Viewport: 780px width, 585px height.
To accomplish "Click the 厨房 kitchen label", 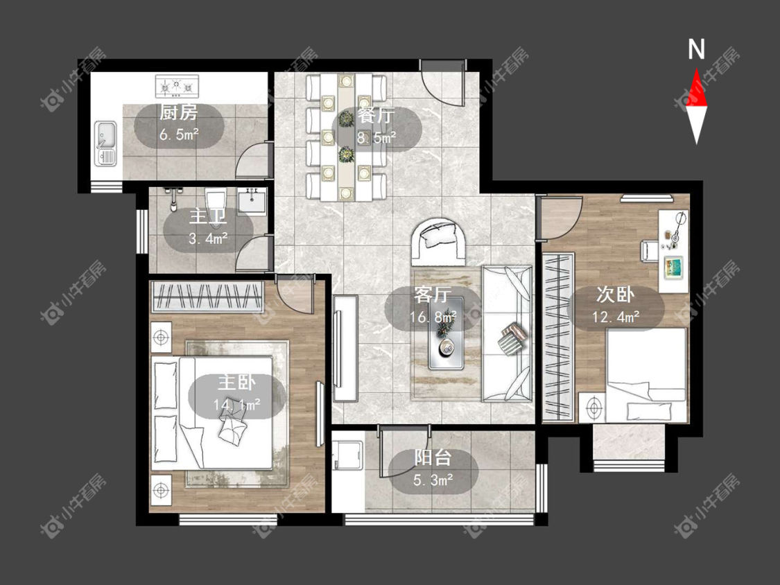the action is click(x=178, y=114).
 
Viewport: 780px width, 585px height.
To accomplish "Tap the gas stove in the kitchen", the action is click(x=177, y=86).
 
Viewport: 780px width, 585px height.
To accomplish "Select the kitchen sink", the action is click(x=105, y=143).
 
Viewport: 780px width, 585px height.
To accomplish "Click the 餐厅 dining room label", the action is click(x=376, y=116).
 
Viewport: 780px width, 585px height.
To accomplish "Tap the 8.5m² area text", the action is click(x=376, y=137).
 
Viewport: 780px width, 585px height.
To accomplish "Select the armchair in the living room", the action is click(x=439, y=241).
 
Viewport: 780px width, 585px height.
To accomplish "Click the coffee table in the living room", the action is click(x=446, y=333).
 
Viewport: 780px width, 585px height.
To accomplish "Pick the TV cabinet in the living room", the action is click(x=345, y=348).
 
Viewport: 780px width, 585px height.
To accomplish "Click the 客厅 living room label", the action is click(x=433, y=295).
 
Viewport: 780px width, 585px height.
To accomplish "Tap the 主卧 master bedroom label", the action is click(x=236, y=383).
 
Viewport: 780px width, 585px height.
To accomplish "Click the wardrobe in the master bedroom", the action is click(x=207, y=297).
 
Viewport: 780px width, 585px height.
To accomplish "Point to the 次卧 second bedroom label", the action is click(x=616, y=295).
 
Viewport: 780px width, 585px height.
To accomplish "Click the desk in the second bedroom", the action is click(x=674, y=251).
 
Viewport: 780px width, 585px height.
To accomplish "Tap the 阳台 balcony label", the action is click(x=433, y=457).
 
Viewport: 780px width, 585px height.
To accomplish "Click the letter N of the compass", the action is click(x=696, y=49).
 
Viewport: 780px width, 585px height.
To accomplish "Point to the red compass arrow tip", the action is click(x=696, y=69).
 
